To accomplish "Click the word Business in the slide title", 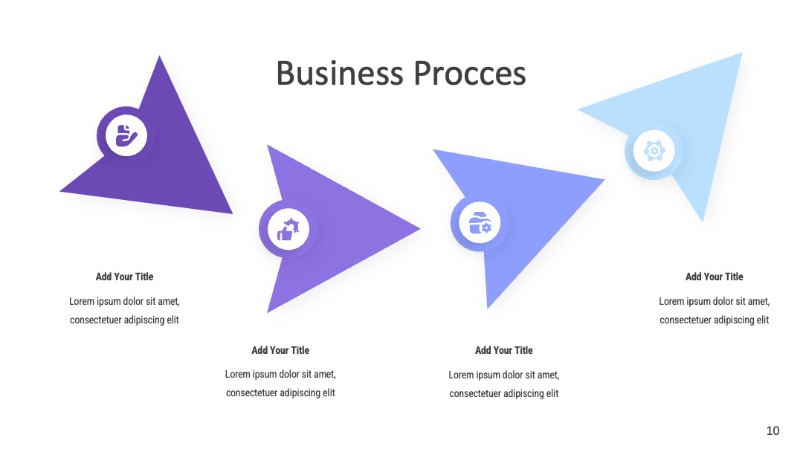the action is click(340, 73).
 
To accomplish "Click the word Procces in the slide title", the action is click(470, 73).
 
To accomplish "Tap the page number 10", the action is click(773, 430).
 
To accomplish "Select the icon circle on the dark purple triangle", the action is click(126, 135).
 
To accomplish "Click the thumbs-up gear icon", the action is click(288, 229).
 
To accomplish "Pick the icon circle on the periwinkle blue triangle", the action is click(480, 223).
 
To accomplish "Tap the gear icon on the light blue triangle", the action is click(654, 151).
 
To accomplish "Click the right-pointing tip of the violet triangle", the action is click(420, 229).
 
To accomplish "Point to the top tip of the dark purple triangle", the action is click(160, 56).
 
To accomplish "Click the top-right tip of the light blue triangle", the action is click(741, 54).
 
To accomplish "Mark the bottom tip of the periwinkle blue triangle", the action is click(488, 309).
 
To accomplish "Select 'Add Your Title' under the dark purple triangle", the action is click(124, 277).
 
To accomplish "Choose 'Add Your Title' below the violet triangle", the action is click(280, 351).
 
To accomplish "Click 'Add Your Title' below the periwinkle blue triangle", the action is click(504, 351).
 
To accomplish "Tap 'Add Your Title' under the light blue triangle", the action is click(715, 277).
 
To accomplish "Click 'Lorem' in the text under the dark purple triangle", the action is click(82, 302).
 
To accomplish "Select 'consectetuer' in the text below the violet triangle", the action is click(251, 393).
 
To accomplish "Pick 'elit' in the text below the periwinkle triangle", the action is click(551, 394).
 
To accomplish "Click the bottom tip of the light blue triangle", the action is click(702, 222).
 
